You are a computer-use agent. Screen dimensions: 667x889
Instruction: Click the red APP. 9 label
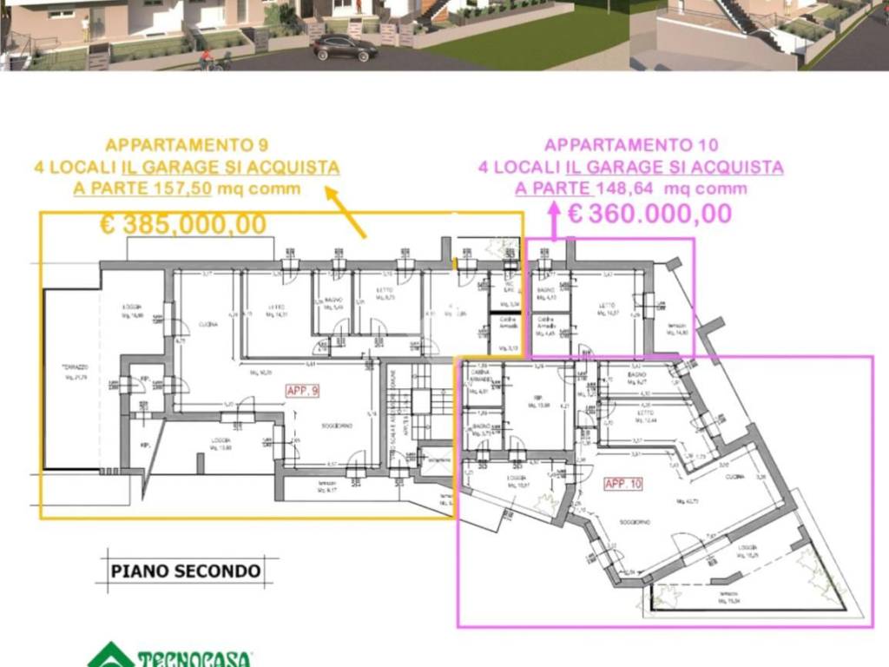[303, 392]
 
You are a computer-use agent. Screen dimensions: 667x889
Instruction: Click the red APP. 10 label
[623, 485]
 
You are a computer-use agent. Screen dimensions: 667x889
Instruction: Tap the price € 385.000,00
[183, 224]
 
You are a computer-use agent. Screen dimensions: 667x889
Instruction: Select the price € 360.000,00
[649, 213]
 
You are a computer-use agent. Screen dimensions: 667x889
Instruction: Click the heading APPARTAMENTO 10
[630, 145]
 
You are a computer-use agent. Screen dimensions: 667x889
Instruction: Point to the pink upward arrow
[553, 218]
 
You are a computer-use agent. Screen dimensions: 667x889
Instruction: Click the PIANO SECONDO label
[185, 571]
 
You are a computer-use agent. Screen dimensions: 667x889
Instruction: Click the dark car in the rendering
[345, 48]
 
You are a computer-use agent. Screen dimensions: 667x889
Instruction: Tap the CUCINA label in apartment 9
[207, 324]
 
